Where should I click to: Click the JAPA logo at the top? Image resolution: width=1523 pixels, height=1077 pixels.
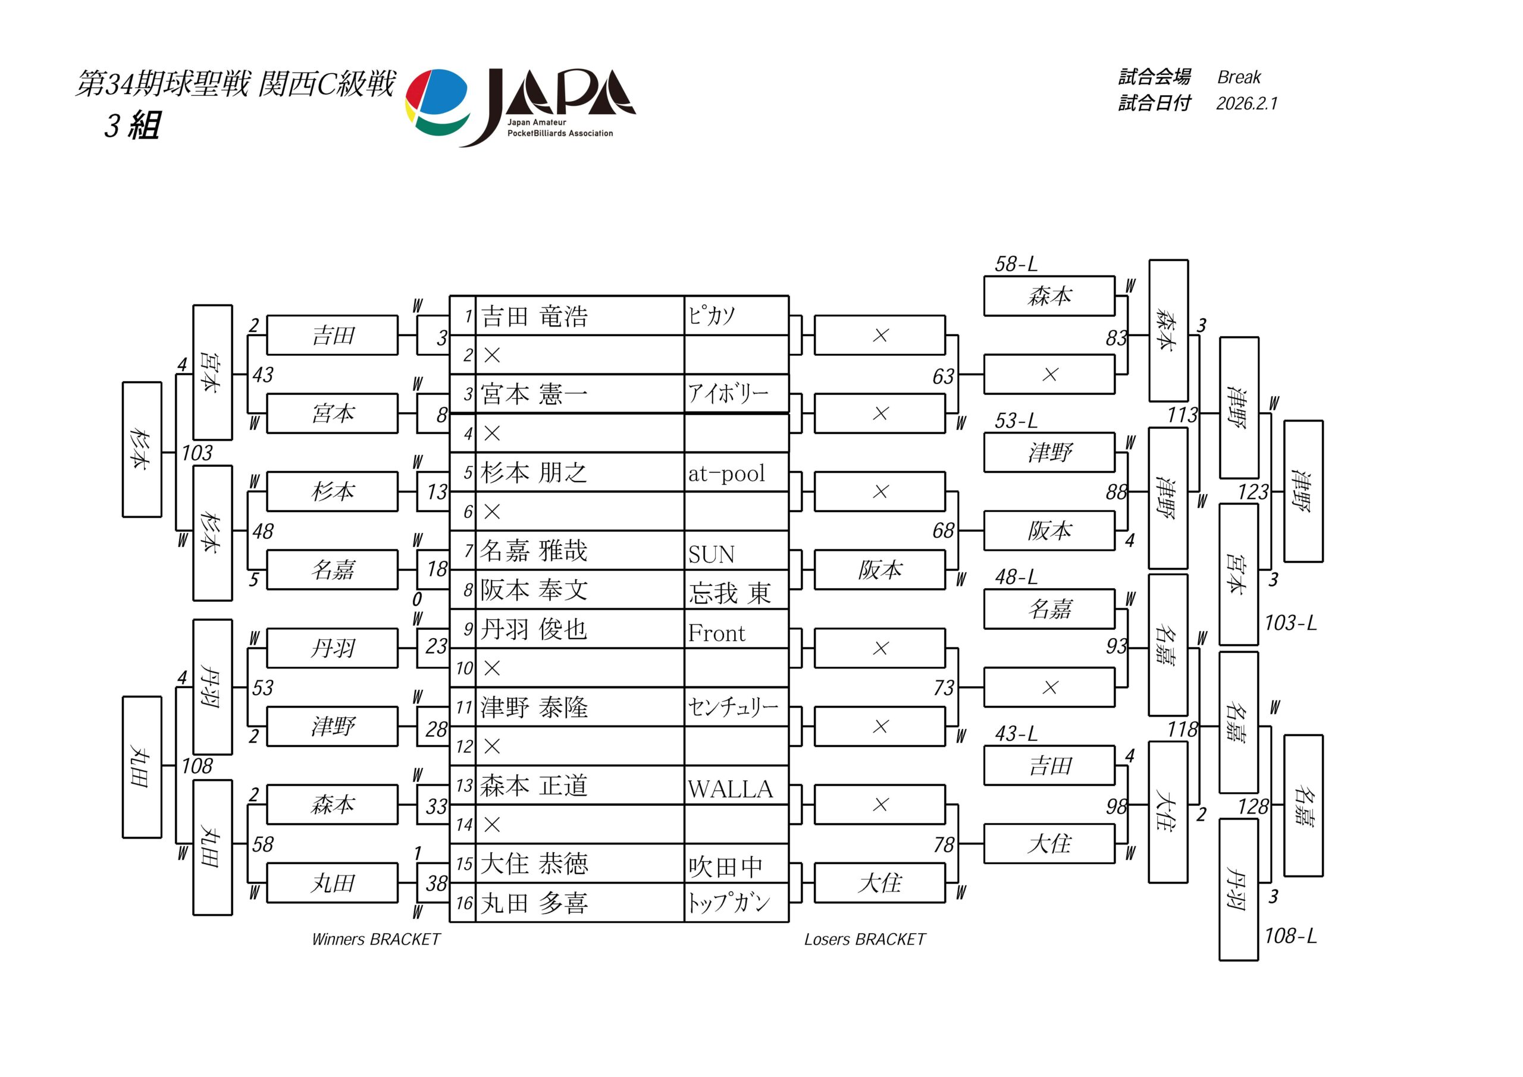[x=521, y=108]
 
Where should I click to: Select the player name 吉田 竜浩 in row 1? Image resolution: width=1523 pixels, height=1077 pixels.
[x=535, y=316]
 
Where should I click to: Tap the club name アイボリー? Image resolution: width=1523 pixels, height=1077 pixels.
[x=728, y=394]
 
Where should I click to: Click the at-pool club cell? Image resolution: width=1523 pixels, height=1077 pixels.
[x=726, y=473]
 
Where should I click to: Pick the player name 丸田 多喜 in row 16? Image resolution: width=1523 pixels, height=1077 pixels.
[x=535, y=903]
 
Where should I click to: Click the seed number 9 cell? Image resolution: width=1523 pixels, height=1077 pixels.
[x=468, y=629]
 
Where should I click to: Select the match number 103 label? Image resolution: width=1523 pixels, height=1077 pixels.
[x=197, y=453]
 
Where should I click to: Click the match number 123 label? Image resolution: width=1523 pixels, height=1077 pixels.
[x=1253, y=492]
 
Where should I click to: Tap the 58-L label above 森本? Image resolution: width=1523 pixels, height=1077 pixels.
[x=1016, y=264]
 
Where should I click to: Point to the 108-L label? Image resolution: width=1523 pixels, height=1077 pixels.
[x=1290, y=935]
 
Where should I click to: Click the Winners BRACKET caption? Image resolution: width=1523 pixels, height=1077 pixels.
[x=376, y=939]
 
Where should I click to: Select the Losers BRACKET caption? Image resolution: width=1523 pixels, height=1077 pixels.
[x=864, y=939]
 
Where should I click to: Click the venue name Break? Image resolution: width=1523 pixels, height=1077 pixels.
[x=1239, y=77]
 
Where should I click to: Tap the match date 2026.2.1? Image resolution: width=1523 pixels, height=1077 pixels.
[x=1246, y=103]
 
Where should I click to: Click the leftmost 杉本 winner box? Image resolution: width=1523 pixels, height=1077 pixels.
[x=142, y=450]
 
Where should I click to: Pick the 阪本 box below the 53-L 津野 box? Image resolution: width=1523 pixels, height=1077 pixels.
[x=1049, y=530]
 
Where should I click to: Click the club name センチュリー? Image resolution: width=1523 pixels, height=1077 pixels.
[x=732, y=707]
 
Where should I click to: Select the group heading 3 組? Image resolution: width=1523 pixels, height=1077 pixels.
[x=132, y=125]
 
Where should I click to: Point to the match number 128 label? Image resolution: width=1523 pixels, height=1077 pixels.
[x=1253, y=806]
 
